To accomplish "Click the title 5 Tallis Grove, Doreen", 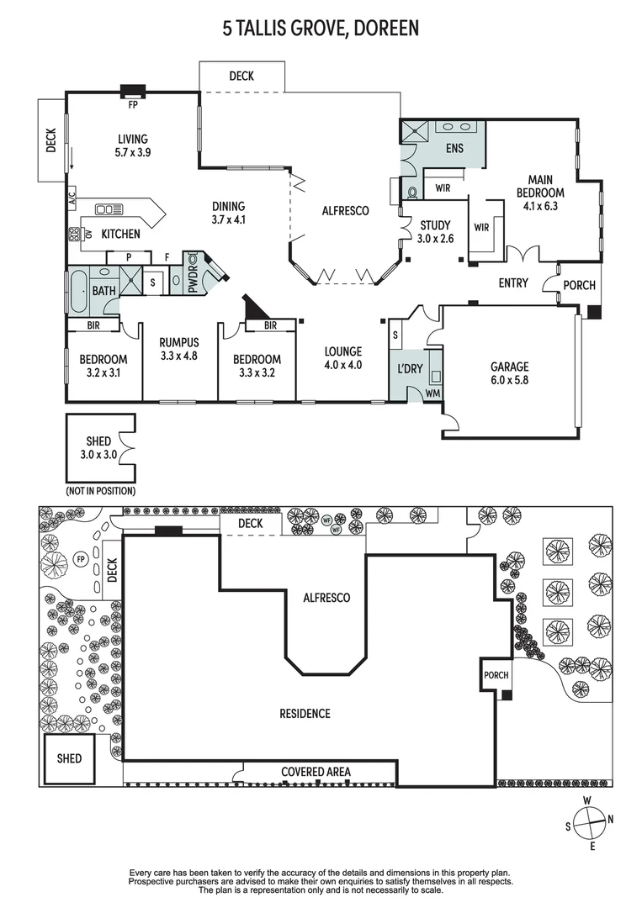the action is click(321, 28).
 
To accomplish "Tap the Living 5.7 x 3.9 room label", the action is click(133, 146).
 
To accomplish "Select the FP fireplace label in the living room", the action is click(133, 105).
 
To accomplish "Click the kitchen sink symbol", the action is click(109, 209).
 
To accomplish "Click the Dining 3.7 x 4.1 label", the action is click(228, 213).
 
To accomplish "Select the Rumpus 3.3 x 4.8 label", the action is click(179, 349).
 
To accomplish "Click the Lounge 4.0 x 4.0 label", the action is click(343, 358).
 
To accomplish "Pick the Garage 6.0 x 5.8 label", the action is click(509, 373).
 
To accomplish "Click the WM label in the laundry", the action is click(432, 393).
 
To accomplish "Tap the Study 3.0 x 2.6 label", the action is click(435, 232).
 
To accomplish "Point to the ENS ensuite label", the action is click(454, 149).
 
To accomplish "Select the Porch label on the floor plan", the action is click(580, 285).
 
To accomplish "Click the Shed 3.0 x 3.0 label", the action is click(98, 448).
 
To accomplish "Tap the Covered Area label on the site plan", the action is click(316, 772).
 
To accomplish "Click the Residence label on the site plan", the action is click(305, 714).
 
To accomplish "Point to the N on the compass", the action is click(610, 820).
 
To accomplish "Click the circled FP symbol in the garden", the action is click(81, 559).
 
